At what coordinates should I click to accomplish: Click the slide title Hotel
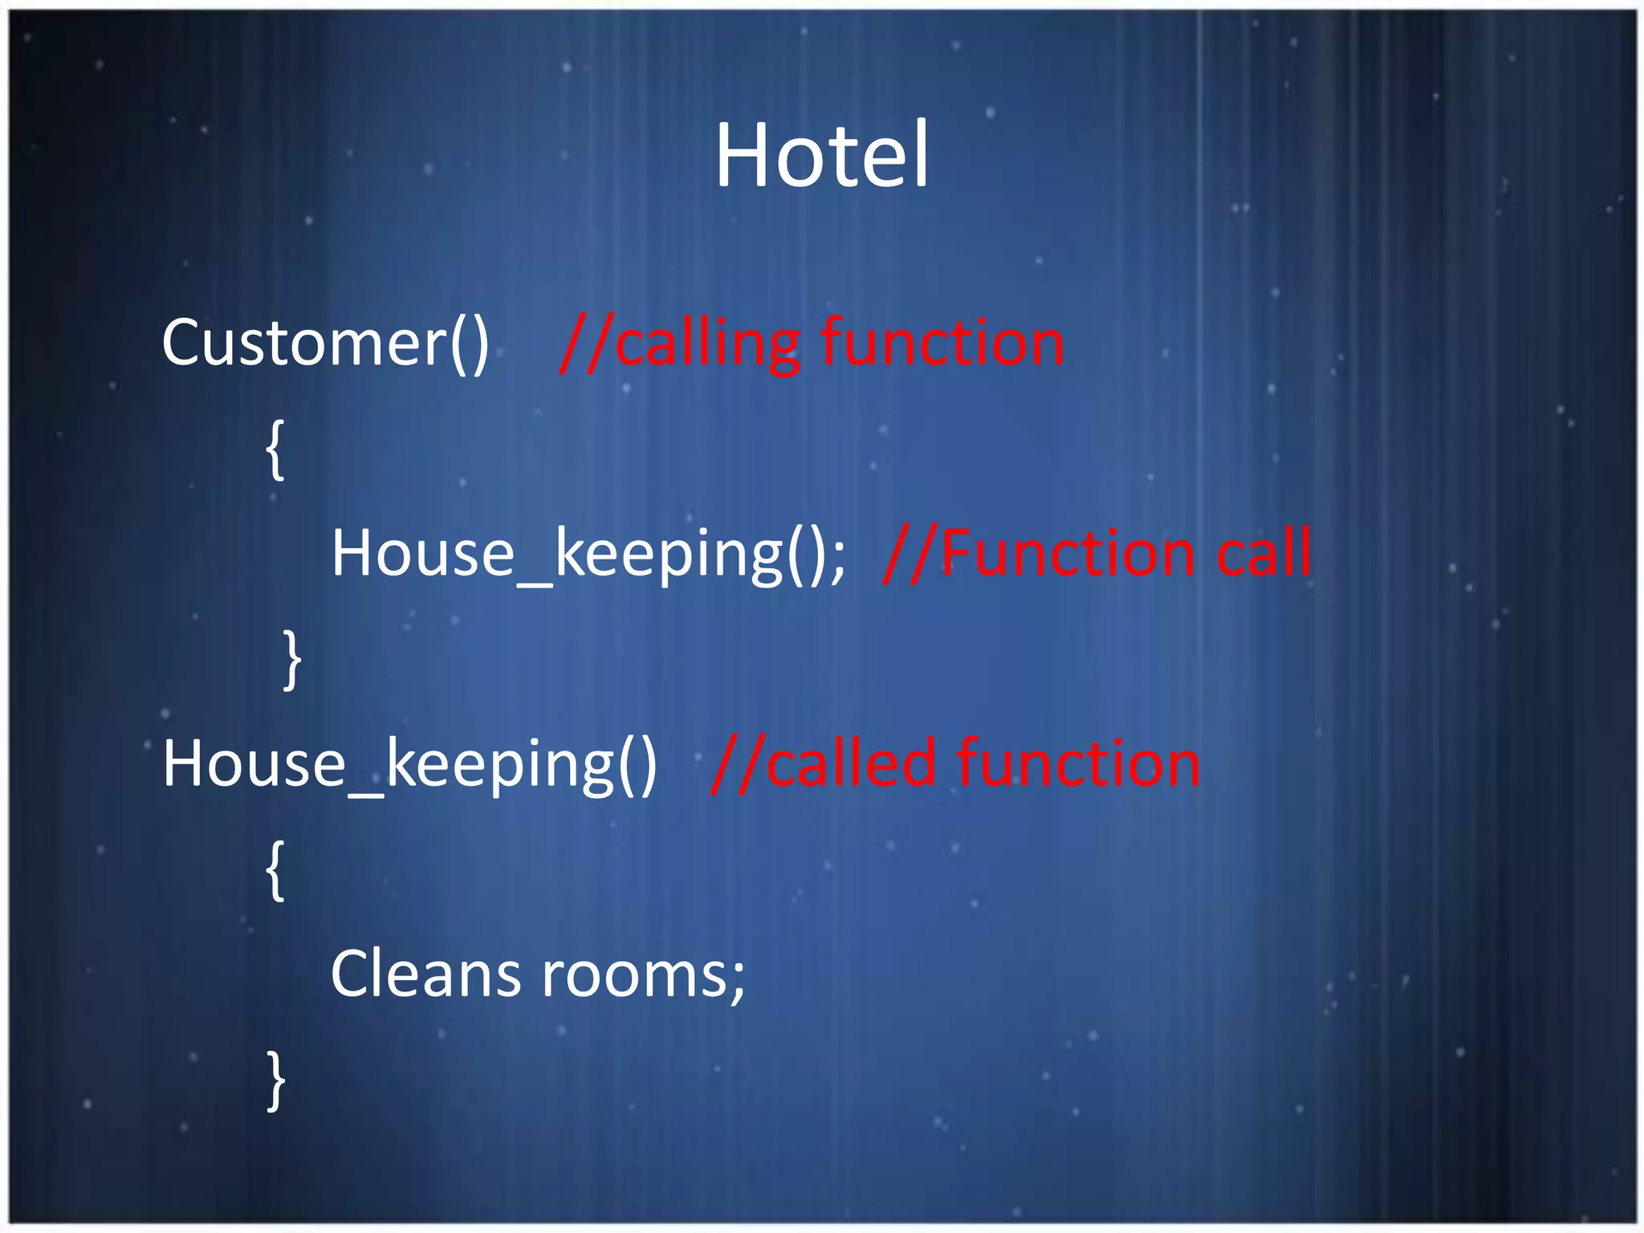point(821,154)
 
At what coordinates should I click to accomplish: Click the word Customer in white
point(304,343)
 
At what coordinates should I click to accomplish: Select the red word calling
point(707,344)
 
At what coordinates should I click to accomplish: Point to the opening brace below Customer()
point(275,450)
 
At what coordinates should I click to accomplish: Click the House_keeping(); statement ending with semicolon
point(588,554)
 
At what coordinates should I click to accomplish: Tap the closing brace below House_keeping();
point(293,660)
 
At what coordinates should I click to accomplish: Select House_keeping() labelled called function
point(409,764)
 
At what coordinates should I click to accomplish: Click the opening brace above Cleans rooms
point(275,871)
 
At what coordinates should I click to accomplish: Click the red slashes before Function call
point(910,554)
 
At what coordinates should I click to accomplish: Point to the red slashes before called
point(737,764)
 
